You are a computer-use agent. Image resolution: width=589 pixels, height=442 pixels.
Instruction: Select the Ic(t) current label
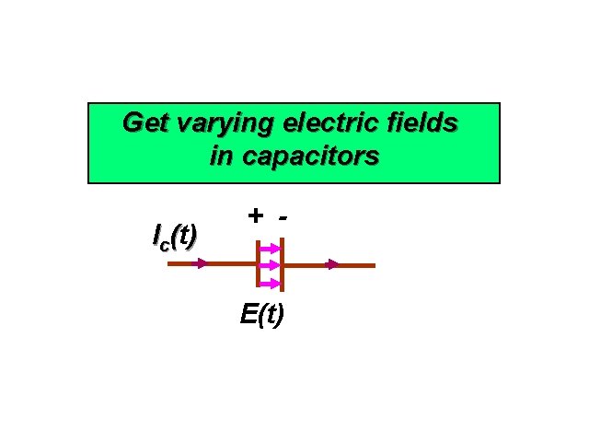pos(174,237)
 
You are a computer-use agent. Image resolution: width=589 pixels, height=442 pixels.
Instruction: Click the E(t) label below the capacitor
pos(262,315)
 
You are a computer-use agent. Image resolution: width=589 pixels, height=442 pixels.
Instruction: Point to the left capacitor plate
pos(259,264)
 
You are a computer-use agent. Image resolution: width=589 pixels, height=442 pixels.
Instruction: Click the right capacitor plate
pos(282,264)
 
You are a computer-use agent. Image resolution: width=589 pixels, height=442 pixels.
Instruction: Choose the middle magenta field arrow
pos(271,265)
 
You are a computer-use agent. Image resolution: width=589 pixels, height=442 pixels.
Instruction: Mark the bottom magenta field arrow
pos(271,282)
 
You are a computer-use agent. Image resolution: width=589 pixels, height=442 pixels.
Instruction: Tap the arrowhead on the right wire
pos(332,264)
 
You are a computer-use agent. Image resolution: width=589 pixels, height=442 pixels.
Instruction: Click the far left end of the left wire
pos(169,264)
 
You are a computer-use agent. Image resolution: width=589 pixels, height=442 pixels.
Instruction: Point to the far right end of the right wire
pos(374,264)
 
